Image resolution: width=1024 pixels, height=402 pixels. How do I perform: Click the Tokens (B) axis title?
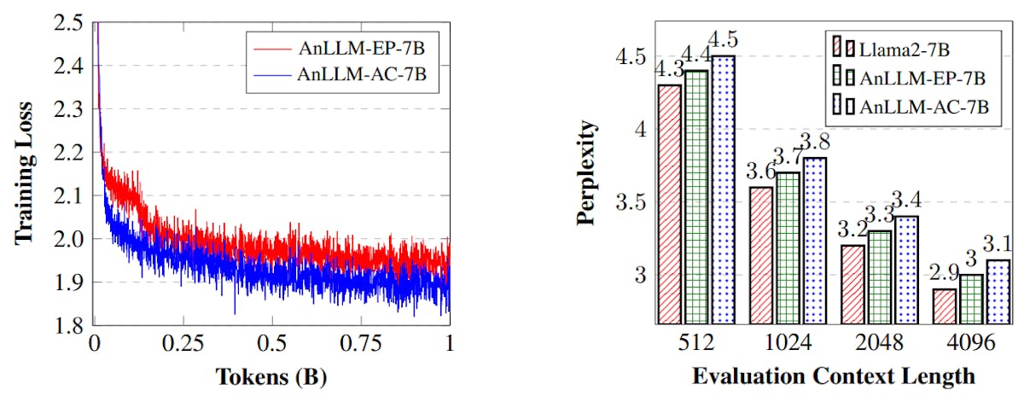tap(271, 376)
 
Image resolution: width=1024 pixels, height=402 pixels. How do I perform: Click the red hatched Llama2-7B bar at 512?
tap(669, 205)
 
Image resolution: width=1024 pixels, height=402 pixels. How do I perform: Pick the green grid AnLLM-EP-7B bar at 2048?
tap(878, 277)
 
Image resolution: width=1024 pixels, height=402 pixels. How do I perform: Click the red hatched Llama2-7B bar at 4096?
tap(944, 306)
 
